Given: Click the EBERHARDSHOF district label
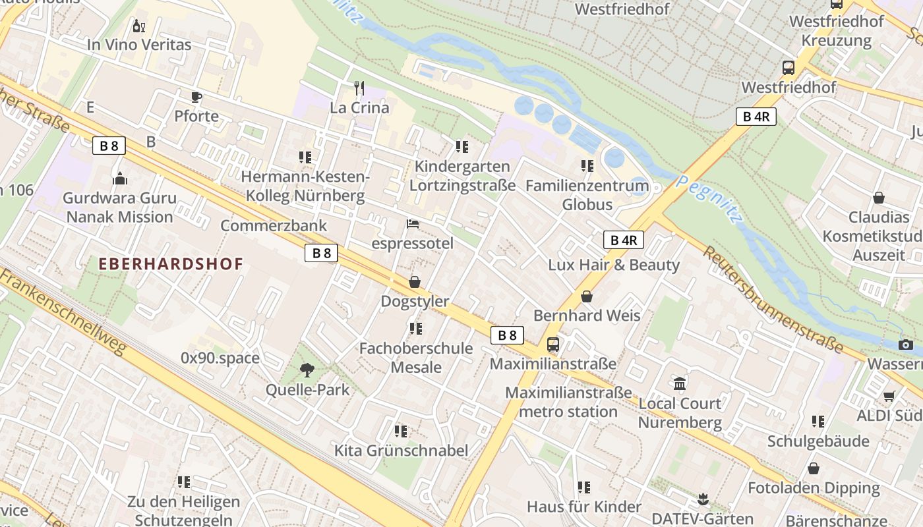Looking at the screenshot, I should point(171,264).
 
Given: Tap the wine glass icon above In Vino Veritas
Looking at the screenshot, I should point(138,26).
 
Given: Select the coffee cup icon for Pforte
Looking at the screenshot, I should point(196,97).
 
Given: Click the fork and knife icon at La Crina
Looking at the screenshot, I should point(359,88).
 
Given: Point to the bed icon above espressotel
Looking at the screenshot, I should point(413,224).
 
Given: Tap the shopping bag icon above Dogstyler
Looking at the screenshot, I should point(415,282).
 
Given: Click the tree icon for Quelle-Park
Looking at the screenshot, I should point(307,370).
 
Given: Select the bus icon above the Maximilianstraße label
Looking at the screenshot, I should point(553,345).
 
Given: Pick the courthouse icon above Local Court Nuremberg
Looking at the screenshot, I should point(680,383).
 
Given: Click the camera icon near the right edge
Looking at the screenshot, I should point(906,345).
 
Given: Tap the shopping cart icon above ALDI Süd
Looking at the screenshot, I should point(889,396).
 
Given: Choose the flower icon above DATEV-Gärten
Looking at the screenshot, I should point(703,499).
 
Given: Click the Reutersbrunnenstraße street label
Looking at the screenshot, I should point(773,298).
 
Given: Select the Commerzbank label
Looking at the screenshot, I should point(274,226).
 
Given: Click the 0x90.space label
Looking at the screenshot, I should point(220,358).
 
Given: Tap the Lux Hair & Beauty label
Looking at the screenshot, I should point(614,265).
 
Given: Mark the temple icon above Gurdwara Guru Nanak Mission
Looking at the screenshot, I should point(120,179).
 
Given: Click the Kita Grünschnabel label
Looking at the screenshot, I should point(401,451).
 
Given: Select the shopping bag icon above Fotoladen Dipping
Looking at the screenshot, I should point(814,468).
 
